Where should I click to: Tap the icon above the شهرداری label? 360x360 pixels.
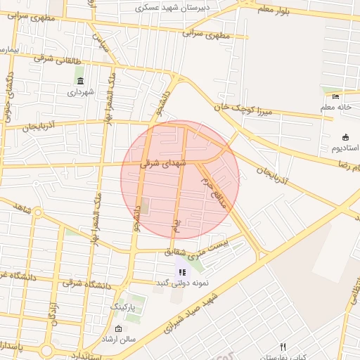(x=79, y=81)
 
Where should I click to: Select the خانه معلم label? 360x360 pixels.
(x=337, y=107)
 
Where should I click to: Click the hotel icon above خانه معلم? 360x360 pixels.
(x=336, y=96)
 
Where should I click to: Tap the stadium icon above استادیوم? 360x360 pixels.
(x=345, y=136)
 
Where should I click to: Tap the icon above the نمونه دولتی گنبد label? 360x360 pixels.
(x=181, y=271)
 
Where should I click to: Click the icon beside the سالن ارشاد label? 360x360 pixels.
(x=117, y=329)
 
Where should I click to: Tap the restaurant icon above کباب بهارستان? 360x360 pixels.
(x=283, y=347)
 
